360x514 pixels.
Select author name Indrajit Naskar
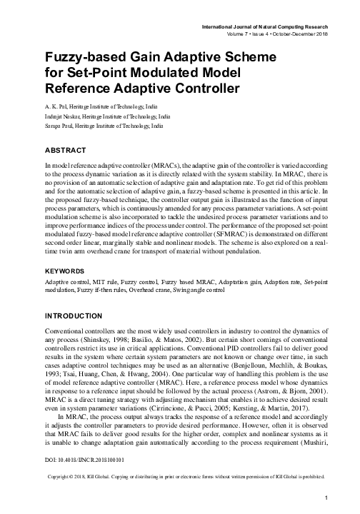59,114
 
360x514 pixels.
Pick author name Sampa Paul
54,124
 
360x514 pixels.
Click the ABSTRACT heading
66,151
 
